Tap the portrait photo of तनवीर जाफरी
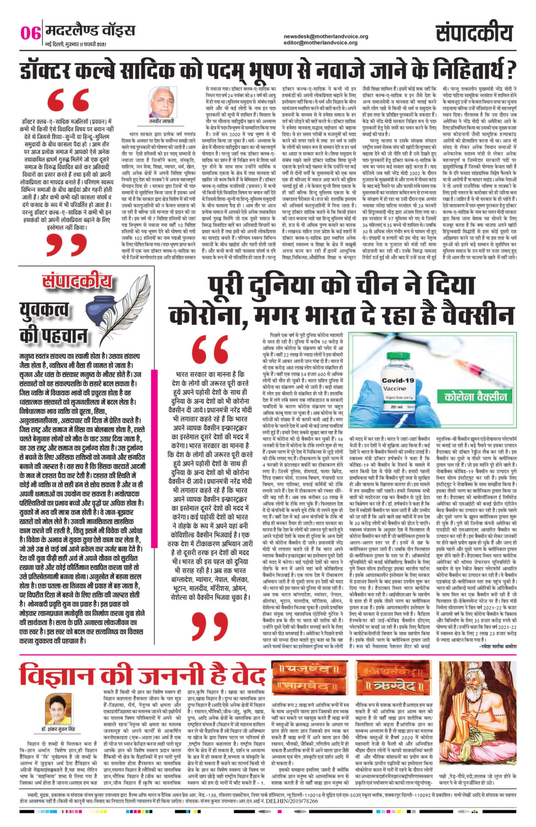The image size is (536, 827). click(x=162, y=103)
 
